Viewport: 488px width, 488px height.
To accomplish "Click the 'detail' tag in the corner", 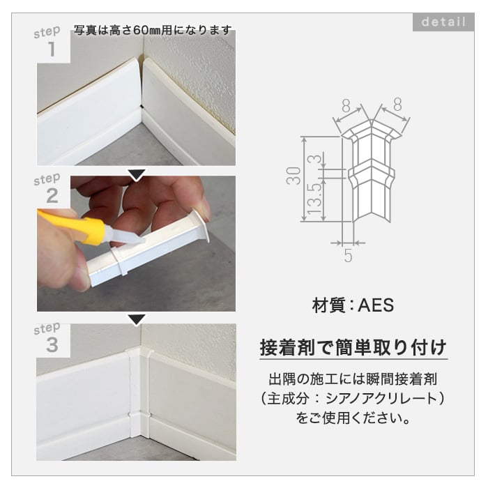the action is point(443,22).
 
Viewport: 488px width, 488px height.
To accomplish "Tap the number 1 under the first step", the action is point(52,49).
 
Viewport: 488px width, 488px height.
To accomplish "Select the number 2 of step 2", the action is point(52,196).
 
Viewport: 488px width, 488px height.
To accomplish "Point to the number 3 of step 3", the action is point(52,345).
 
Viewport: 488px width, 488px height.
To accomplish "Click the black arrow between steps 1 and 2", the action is point(137,174).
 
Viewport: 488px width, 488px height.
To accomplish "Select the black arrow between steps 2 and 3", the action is point(137,319).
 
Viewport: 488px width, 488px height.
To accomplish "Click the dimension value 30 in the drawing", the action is point(293,176).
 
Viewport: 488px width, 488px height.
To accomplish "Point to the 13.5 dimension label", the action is point(314,199).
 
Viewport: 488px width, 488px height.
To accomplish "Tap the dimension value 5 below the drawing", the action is point(349,256).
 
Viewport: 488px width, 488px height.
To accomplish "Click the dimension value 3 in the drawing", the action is point(314,159).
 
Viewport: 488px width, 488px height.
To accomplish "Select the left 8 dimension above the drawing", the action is point(346,106).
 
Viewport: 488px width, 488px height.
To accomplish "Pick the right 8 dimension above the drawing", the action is point(397,105).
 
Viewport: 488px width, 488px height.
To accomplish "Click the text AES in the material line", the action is point(376,305).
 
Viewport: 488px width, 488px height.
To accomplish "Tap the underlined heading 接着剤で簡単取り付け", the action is point(353,348).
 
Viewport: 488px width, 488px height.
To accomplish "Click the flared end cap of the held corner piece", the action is point(201,224).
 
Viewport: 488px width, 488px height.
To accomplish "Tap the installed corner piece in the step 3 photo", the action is point(139,392).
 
